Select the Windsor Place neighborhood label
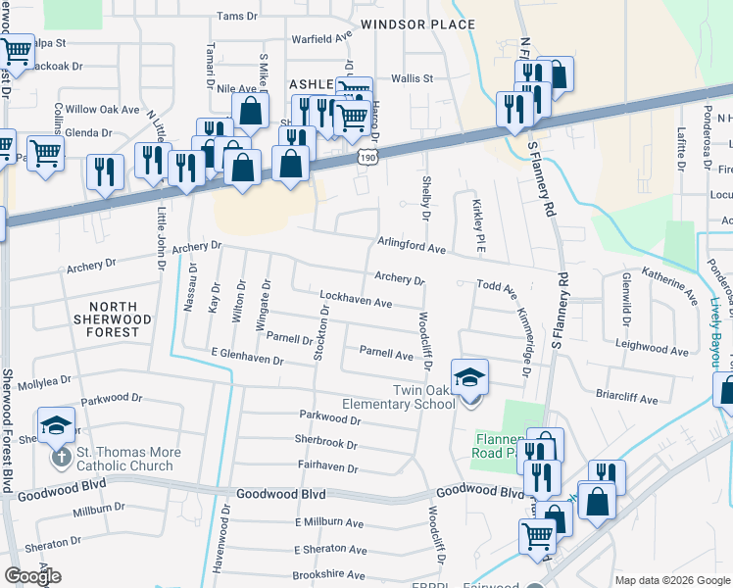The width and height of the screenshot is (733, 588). (x=404, y=24)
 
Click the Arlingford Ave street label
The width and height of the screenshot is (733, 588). (x=413, y=246)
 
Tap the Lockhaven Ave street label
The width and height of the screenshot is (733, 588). (x=357, y=300)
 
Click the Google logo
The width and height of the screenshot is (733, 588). (x=32, y=576)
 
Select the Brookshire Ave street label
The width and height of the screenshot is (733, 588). (x=329, y=575)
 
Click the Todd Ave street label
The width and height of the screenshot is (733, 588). (x=496, y=286)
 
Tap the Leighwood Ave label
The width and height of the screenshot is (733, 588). (x=651, y=348)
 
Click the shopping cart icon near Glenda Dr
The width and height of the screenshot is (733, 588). (x=45, y=153)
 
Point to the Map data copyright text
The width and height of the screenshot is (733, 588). (x=661, y=580)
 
